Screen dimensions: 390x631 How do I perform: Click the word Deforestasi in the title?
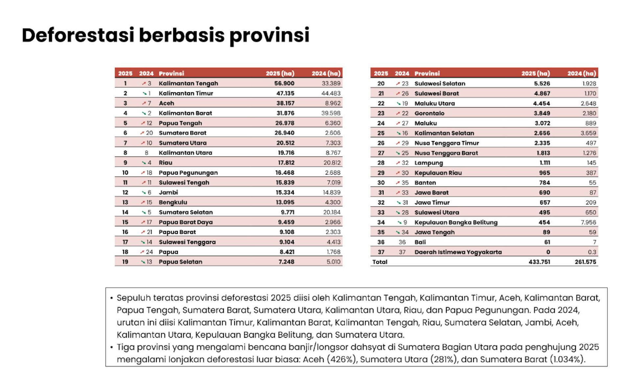point(78,35)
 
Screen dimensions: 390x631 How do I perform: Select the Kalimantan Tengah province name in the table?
point(188,84)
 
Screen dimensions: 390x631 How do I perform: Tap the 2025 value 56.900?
point(284,84)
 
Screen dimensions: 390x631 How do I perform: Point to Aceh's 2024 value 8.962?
point(333,103)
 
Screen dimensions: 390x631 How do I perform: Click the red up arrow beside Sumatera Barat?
point(142,133)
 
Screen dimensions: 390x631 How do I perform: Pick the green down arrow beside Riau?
point(144,163)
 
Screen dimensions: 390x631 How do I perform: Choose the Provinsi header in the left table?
point(171,73)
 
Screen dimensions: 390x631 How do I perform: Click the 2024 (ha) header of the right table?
point(581,73)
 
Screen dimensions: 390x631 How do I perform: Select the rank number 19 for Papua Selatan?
point(125,262)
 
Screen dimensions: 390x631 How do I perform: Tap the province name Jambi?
point(168,192)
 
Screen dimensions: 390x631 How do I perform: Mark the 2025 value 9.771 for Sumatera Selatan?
point(288,212)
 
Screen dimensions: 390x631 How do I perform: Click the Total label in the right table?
point(380,262)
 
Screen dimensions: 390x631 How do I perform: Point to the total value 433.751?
point(539,262)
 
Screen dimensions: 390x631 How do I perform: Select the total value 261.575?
point(585,262)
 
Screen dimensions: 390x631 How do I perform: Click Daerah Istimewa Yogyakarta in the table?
point(458,252)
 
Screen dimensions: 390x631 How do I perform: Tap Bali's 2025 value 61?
point(547,242)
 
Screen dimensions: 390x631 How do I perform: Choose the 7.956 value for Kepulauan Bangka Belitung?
point(588,222)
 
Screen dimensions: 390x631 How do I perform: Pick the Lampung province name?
point(429,163)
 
